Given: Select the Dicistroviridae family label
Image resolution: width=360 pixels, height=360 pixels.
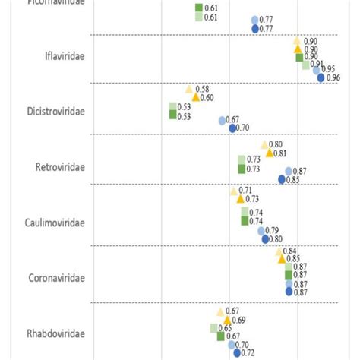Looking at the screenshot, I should pyautogui.click(x=56, y=110).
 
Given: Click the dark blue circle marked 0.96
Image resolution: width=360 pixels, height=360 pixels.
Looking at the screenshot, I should pyautogui.click(x=321, y=77).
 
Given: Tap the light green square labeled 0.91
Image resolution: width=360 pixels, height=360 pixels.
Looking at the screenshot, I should pyautogui.click(x=306, y=65).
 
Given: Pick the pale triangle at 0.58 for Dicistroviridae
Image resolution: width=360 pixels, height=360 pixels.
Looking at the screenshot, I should pyautogui.click(x=189, y=90).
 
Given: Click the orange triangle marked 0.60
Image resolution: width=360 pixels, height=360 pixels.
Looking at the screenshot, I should pyautogui.click(x=195, y=97).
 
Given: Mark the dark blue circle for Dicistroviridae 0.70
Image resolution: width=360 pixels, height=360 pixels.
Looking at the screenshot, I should pyautogui.click(x=232, y=128).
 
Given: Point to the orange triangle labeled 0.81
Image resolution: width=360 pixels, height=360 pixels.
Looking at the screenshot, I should pyautogui.click(x=269, y=153).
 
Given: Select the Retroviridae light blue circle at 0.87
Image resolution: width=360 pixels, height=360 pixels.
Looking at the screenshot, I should pyautogui.click(x=289, y=172).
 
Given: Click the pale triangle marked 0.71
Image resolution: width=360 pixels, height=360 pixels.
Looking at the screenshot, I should pyautogui.click(x=234, y=191).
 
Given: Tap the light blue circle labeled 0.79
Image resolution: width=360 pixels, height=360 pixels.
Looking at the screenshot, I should pyautogui.click(x=261, y=231).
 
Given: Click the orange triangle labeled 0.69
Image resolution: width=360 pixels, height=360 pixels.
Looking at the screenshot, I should pyautogui.click(x=227, y=320).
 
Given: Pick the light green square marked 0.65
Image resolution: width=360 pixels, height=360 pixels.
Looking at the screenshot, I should pyautogui.click(x=214, y=328).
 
